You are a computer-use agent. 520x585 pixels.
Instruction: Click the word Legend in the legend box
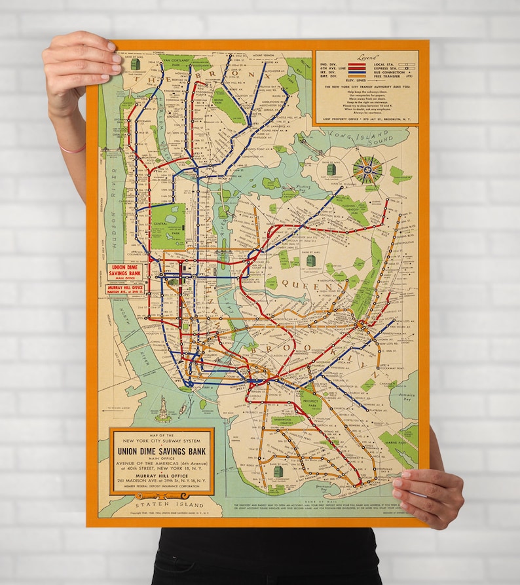(365, 58)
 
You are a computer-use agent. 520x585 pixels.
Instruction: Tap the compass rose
(367, 169)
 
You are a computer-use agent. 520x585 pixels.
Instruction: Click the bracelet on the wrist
(73, 149)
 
